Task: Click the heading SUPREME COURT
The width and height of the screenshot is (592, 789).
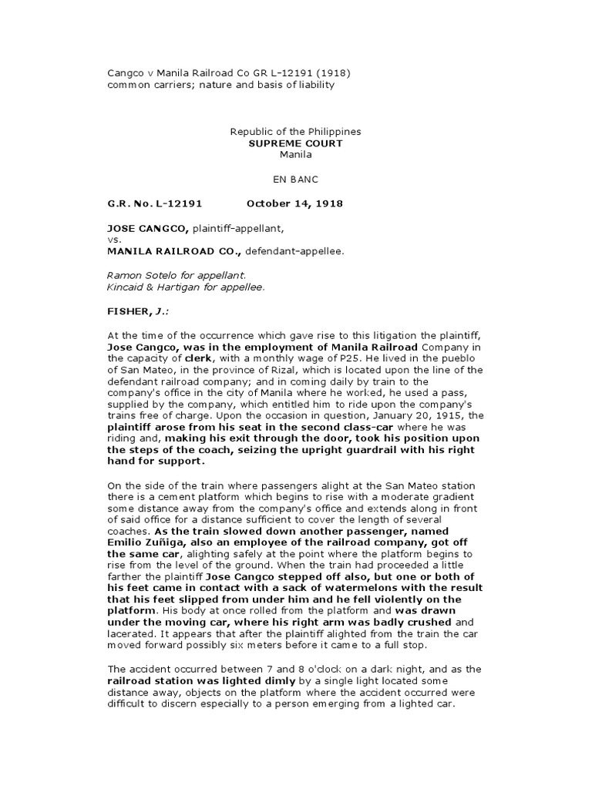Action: tap(295, 143)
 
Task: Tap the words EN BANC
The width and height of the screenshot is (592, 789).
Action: tap(295, 179)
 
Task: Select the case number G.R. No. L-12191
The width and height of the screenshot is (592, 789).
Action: tap(154, 204)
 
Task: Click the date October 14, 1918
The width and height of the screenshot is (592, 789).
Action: tap(294, 204)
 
